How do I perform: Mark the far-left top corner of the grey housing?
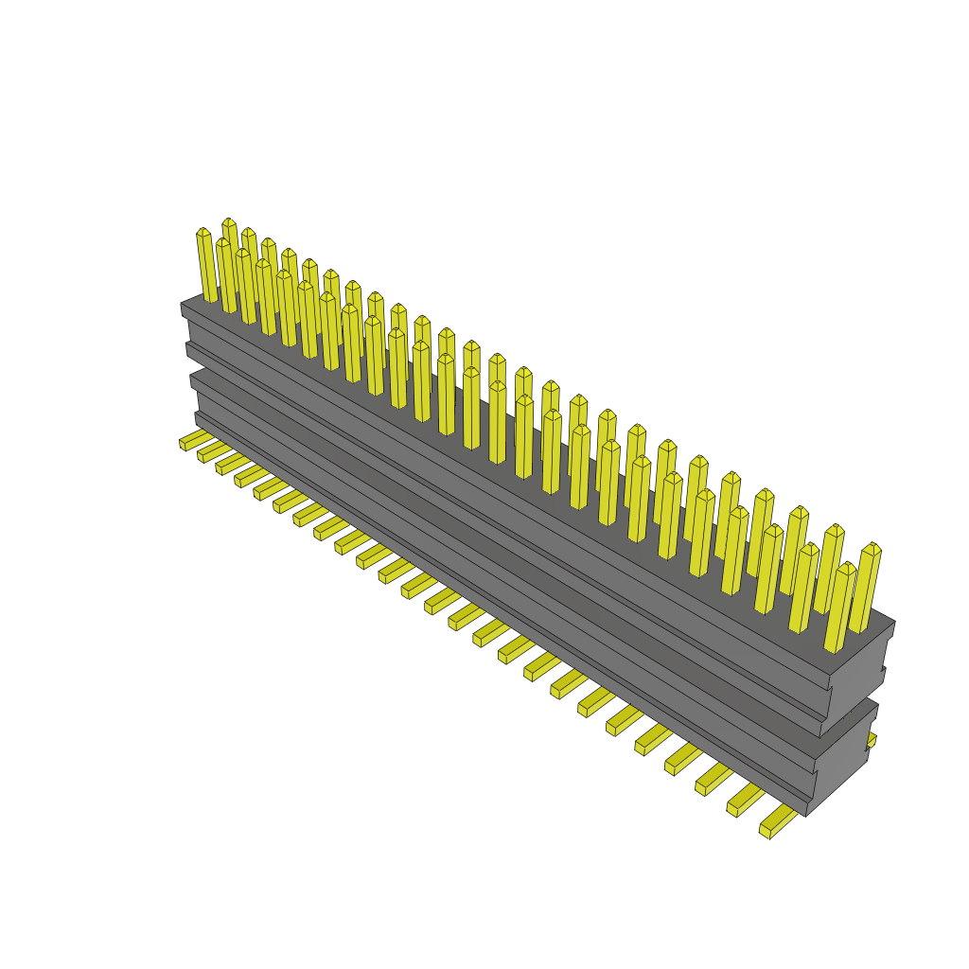click(x=182, y=304)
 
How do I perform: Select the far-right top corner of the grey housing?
click(x=894, y=622)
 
